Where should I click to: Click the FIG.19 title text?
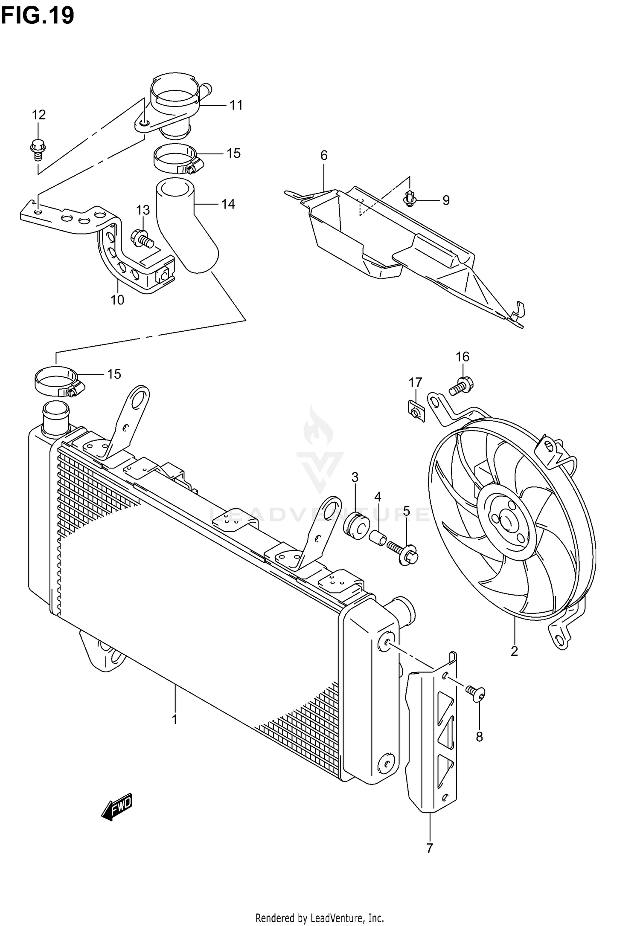coord(38,16)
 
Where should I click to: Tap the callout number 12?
coord(38,115)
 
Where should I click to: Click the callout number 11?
coord(236,105)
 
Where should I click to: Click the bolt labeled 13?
coord(142,238)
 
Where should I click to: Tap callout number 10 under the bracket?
coord(117,300)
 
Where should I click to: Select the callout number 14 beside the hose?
coord(228,204)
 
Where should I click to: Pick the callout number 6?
coord(324,156)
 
